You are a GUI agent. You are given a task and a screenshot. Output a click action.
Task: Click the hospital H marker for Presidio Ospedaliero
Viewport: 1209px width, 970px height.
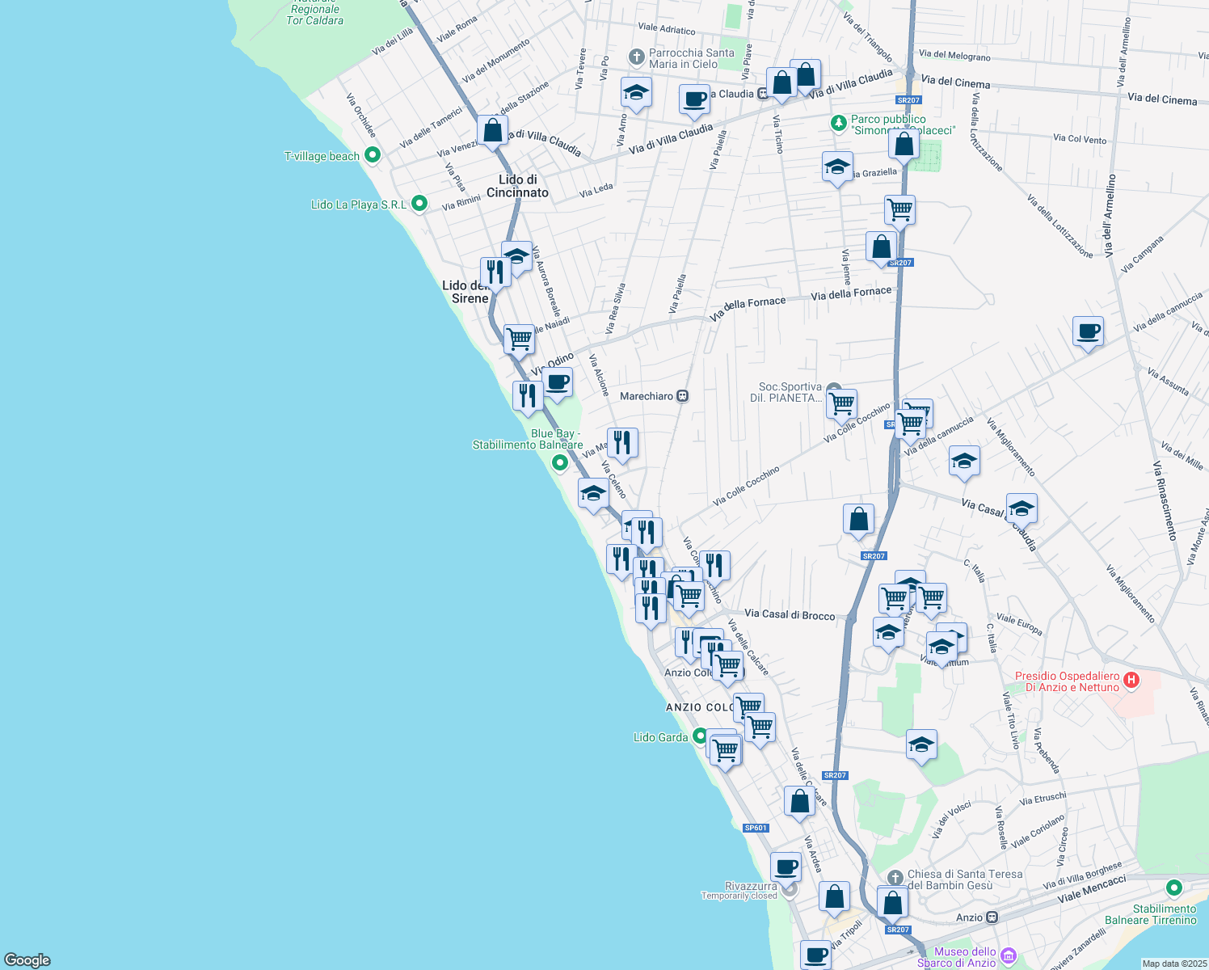coord(1131,681)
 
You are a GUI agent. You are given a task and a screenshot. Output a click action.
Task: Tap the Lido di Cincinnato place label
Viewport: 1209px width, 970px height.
coord(517,186)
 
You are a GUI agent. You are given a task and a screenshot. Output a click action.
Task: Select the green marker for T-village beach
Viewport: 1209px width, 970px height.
coord(373,155)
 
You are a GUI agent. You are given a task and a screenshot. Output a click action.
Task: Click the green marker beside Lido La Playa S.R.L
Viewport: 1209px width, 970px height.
coord(419,204)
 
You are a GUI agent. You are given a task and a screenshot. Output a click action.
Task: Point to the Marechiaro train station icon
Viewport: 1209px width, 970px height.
coord(683,396)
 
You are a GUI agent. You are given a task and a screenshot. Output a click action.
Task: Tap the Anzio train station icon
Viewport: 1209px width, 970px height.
coord(992,917)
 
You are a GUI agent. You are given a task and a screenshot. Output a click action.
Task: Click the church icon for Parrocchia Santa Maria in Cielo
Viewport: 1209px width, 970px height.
coord(637,58)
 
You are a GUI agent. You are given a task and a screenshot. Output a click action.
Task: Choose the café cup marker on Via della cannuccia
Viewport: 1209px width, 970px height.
coord(1088,331)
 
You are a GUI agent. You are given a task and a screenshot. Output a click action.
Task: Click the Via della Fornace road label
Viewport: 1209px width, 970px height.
coord(851,293)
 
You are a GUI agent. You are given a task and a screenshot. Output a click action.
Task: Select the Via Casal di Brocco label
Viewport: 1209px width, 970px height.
coord(790,615)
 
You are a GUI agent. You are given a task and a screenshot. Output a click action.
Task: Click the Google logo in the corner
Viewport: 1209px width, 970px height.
coord(27,959)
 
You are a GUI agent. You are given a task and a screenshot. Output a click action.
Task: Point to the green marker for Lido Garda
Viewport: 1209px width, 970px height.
coord(700,737)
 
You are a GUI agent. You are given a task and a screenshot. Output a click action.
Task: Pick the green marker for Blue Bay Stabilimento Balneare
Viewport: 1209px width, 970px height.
coord(559,462)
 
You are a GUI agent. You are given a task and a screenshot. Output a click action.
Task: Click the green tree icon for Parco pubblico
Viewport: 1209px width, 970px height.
coord(839,124)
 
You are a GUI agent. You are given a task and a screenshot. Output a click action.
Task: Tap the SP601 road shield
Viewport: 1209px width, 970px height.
coord(756,828)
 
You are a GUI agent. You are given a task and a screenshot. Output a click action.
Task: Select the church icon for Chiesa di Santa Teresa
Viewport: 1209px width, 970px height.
coord(895,878)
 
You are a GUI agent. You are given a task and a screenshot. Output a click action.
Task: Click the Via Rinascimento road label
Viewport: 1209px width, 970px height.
coord(1165,501)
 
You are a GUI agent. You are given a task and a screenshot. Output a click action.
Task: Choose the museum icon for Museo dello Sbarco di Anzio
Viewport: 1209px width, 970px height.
coord(1008,956)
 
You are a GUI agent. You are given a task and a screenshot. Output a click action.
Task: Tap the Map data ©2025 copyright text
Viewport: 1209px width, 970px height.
coord(1173,964)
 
